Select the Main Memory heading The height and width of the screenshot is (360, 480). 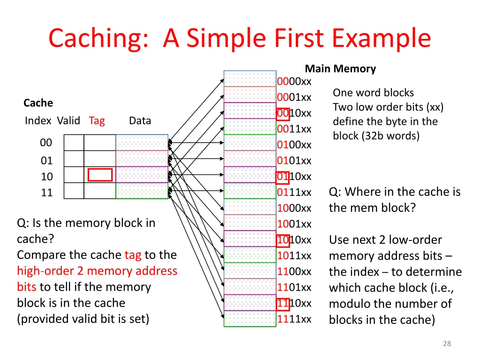340,69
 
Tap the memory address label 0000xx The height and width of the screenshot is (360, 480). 294,82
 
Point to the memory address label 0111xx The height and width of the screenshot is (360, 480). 294,192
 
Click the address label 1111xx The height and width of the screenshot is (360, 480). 294,319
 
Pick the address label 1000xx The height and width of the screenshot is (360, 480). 294,208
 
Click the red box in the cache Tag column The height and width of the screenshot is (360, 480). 100,175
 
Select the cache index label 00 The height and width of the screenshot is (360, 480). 46,142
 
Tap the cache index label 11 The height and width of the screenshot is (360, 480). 47,192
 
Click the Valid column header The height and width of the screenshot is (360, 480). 68,120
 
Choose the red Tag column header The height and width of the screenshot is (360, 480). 97,120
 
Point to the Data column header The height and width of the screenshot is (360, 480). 140,120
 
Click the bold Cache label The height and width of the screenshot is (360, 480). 38,103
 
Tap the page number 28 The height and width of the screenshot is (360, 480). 447,344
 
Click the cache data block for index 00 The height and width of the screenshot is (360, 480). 142,142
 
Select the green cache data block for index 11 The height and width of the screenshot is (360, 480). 142,191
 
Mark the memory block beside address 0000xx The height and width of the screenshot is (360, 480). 250,79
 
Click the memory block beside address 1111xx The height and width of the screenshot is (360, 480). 250,319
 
